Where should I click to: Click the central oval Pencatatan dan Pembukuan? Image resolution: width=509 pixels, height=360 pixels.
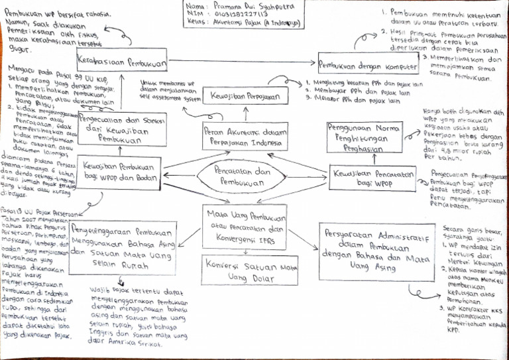point(246,175)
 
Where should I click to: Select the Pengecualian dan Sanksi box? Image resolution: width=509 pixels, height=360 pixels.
point(115,129)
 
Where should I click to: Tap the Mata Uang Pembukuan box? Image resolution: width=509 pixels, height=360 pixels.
point(246,222)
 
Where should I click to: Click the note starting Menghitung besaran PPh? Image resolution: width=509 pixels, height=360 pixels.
point(355,93)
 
